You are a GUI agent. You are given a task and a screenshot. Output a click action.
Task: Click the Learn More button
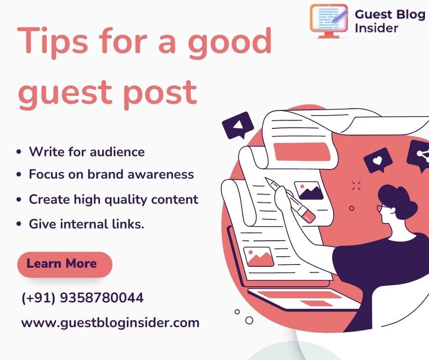click(x=65, y=265)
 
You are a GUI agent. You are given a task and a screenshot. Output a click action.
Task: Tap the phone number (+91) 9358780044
click(x=82, y=298)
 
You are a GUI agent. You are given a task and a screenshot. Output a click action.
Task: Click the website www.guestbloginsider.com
click(x=110, y=323)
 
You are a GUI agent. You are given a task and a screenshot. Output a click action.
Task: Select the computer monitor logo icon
click(x=329, y=21)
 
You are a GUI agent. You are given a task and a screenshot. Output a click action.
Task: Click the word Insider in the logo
click(x=376, y=28)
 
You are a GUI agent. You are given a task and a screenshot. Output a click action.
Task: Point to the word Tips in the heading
click(x=53, y=42)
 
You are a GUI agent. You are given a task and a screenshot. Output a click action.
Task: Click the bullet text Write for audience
click(x=87, y=152)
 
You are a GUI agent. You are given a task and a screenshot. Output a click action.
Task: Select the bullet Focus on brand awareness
click(x=111, y=174)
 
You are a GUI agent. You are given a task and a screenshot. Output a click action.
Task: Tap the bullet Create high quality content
click(x=114, y=200)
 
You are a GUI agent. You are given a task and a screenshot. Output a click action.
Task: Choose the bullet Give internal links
click(x=86, y=224)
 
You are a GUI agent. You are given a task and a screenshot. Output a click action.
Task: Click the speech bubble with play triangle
click(x=238, y=126)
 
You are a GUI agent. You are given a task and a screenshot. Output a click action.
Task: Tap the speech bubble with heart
click(x=378, y=160)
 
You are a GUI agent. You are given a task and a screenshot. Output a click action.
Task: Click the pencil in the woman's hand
click(x=290, y=200)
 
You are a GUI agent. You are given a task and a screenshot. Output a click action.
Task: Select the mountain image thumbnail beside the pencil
click(x=309, y=191)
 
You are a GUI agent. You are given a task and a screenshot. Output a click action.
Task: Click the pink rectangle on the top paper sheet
click(x=301, y=151)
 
